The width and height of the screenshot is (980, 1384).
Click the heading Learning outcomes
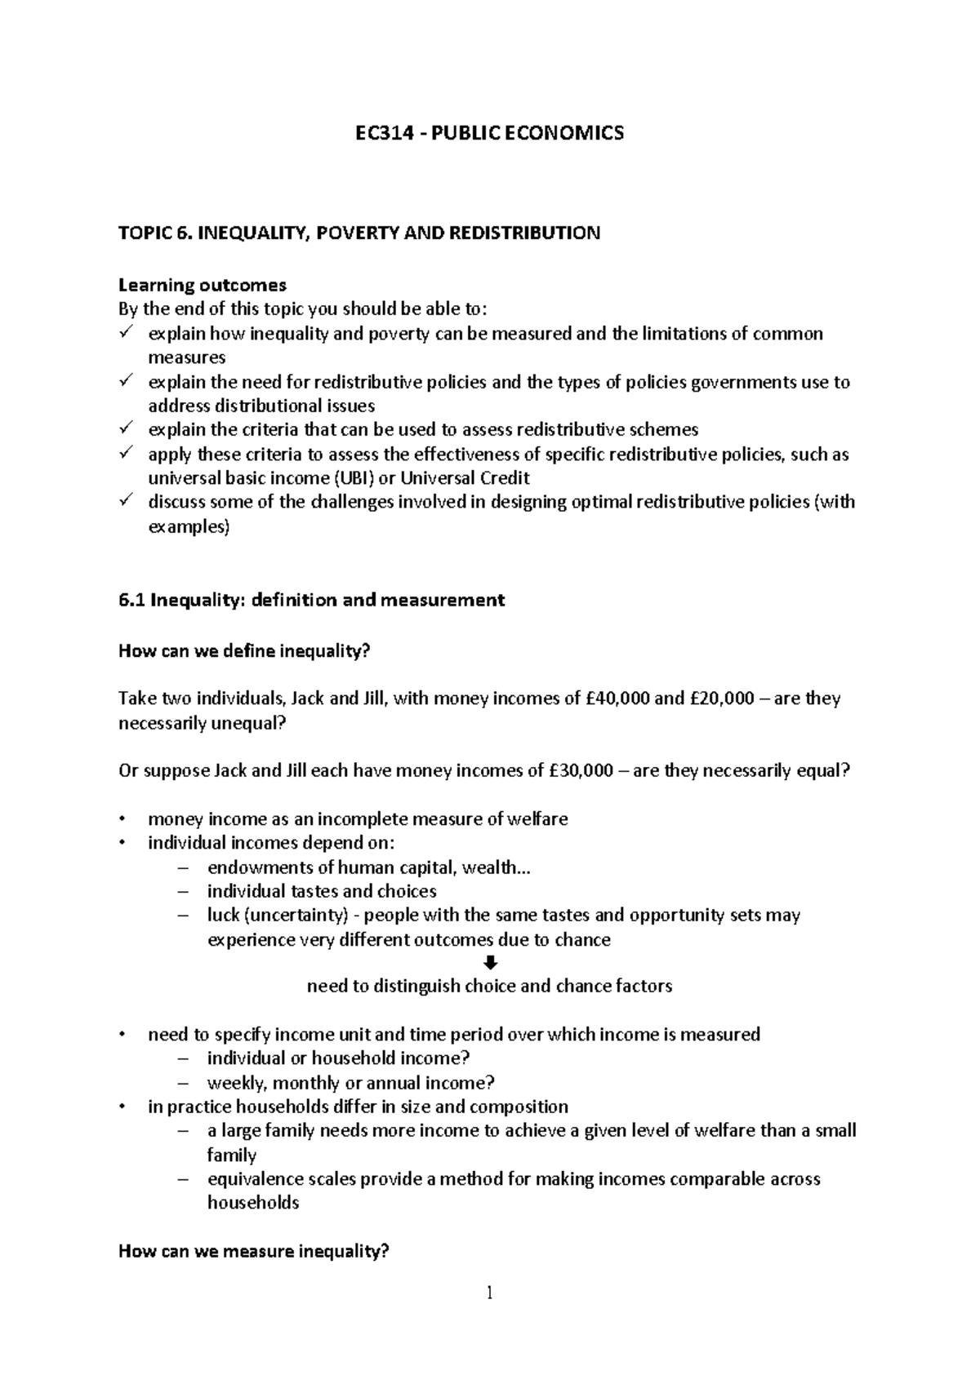tap(203, 285)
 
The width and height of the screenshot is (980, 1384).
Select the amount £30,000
tap(581, 771)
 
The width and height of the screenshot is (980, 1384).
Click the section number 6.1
tap(131, 601)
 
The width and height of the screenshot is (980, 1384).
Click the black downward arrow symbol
tap(490, 963)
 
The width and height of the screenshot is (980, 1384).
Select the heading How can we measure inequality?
tap(253, 1251)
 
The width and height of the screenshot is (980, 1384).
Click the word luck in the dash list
tap(222, 916)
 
